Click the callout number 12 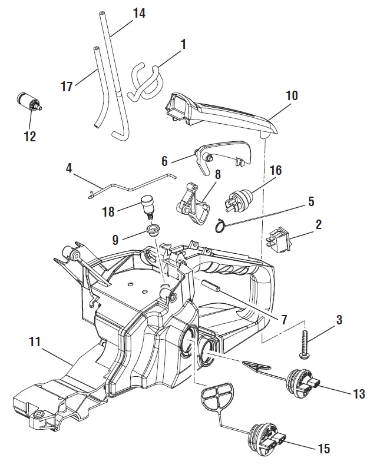[x=29, y=137]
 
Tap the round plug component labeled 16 [x=239, y=200]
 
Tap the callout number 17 [x=67, y=87]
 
